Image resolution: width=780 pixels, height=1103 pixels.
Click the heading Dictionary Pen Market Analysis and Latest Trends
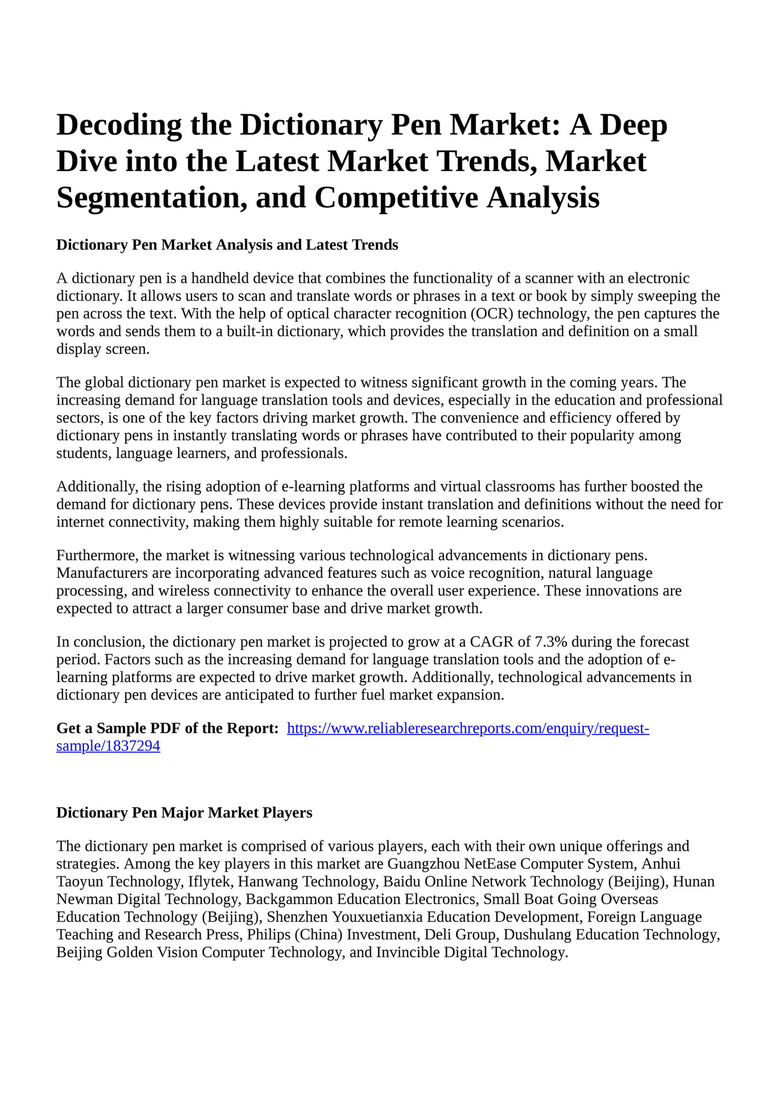[x=227, y=245]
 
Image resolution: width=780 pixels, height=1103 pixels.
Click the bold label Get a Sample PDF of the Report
[x=167, y=728]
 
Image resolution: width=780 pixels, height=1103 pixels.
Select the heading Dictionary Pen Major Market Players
[x=184, y=813]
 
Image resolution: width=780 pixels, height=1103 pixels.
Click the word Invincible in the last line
[x=408, y=952]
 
